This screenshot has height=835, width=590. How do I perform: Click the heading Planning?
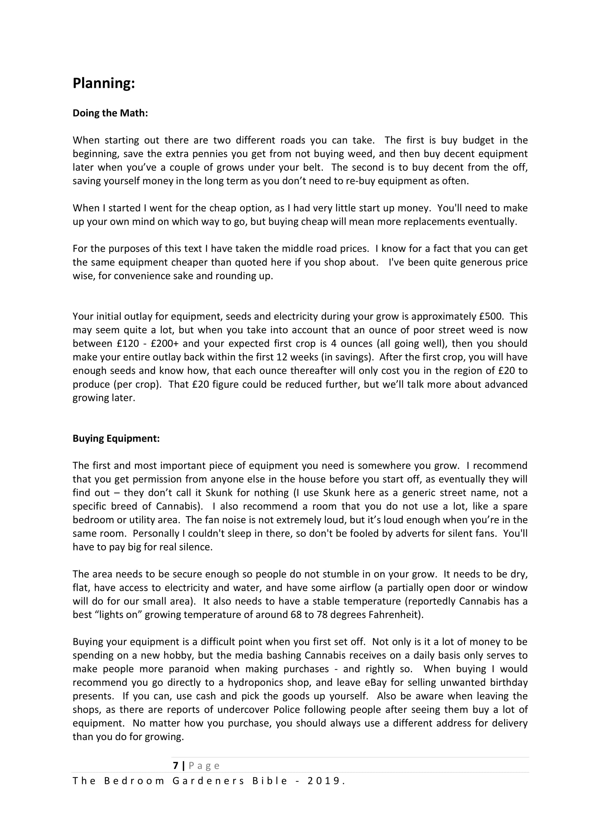pos(104,83)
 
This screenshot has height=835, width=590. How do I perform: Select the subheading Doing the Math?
pos(110,113)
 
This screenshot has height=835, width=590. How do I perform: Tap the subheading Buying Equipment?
pos(116,439)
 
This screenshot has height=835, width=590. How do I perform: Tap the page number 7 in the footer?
pos(176,766)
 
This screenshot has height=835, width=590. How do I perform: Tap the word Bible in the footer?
pos(270,781)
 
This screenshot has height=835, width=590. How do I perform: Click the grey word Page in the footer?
pos(204,766)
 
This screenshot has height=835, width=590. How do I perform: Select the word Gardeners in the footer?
pos(209,781)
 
